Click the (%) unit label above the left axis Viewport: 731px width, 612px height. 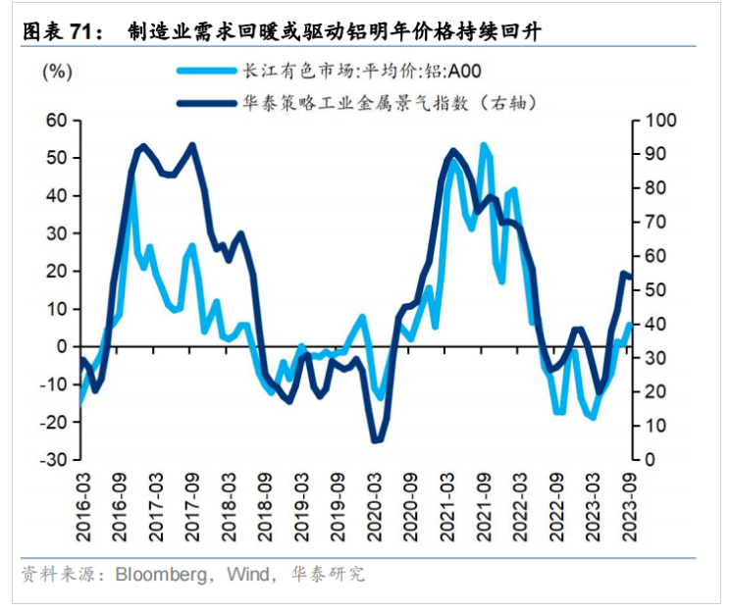(x=58, y=71)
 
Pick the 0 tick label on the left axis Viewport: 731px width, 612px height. (x=61, y=347)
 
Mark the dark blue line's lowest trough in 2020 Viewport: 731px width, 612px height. (x=376, y=441)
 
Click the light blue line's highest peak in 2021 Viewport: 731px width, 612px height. (x=484, y=144)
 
